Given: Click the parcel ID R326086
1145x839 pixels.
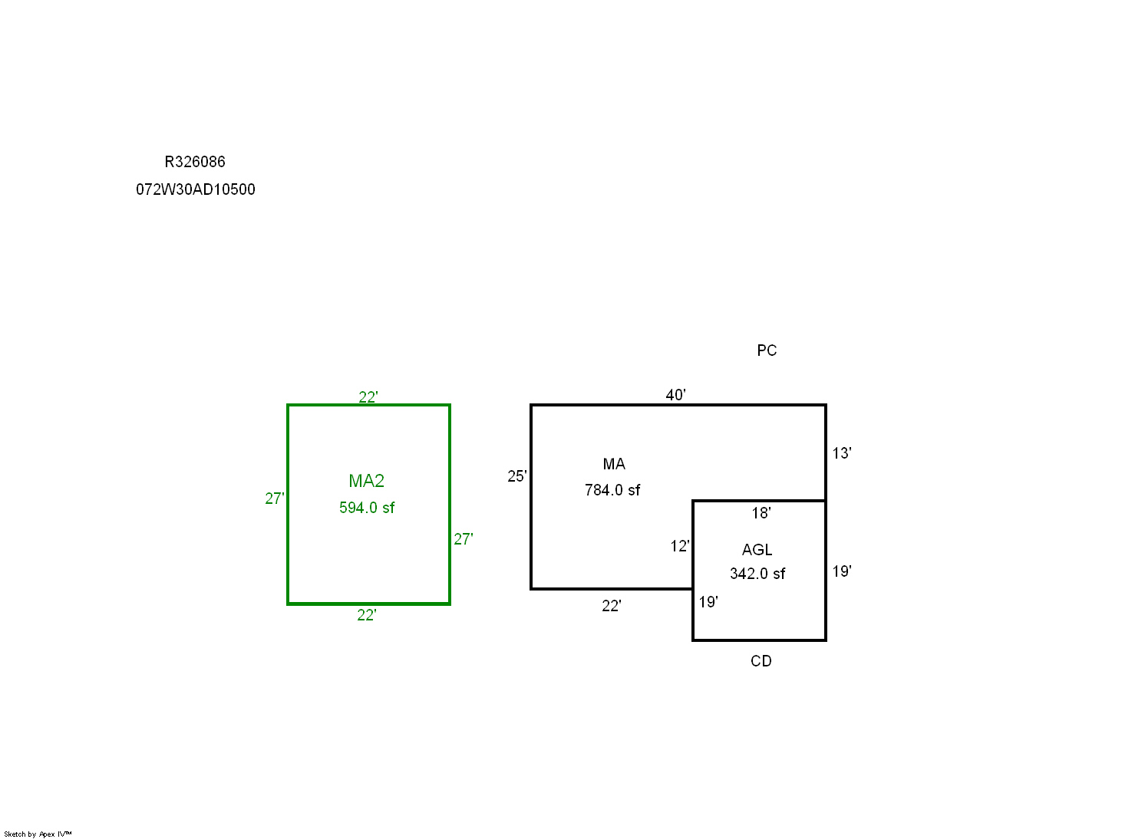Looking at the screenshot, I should (195, 162).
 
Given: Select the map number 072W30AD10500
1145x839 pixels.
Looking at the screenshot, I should (196, 189).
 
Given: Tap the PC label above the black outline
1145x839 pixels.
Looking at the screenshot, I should (767, 350).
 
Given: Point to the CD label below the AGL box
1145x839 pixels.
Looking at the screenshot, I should (761, 661).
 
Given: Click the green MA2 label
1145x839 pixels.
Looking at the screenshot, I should (366, 481).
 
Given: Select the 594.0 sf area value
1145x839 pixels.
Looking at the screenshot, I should (367, 508).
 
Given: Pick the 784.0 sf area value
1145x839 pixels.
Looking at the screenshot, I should (612, 490).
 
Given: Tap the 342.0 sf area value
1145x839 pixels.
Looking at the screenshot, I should (757, 574).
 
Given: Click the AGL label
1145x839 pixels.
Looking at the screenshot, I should (757, 550).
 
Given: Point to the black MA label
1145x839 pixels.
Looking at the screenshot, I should (614, 464).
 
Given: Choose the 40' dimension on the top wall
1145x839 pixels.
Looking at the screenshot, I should (675, 395).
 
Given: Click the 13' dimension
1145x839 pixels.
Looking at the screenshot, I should (842, 453).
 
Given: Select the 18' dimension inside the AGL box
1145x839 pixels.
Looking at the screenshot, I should (761, 513).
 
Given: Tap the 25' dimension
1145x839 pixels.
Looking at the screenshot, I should (517, 476).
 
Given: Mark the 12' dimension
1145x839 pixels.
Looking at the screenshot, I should (680, 546).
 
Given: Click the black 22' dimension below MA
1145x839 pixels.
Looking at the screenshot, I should (612, 606).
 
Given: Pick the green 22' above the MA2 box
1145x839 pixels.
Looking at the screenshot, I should (368, 396).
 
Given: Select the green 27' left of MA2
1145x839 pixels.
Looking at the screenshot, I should (275, 498).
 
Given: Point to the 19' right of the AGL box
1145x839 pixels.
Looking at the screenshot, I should (842, 571).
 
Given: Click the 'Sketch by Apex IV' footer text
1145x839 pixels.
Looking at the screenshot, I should (38, 834).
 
